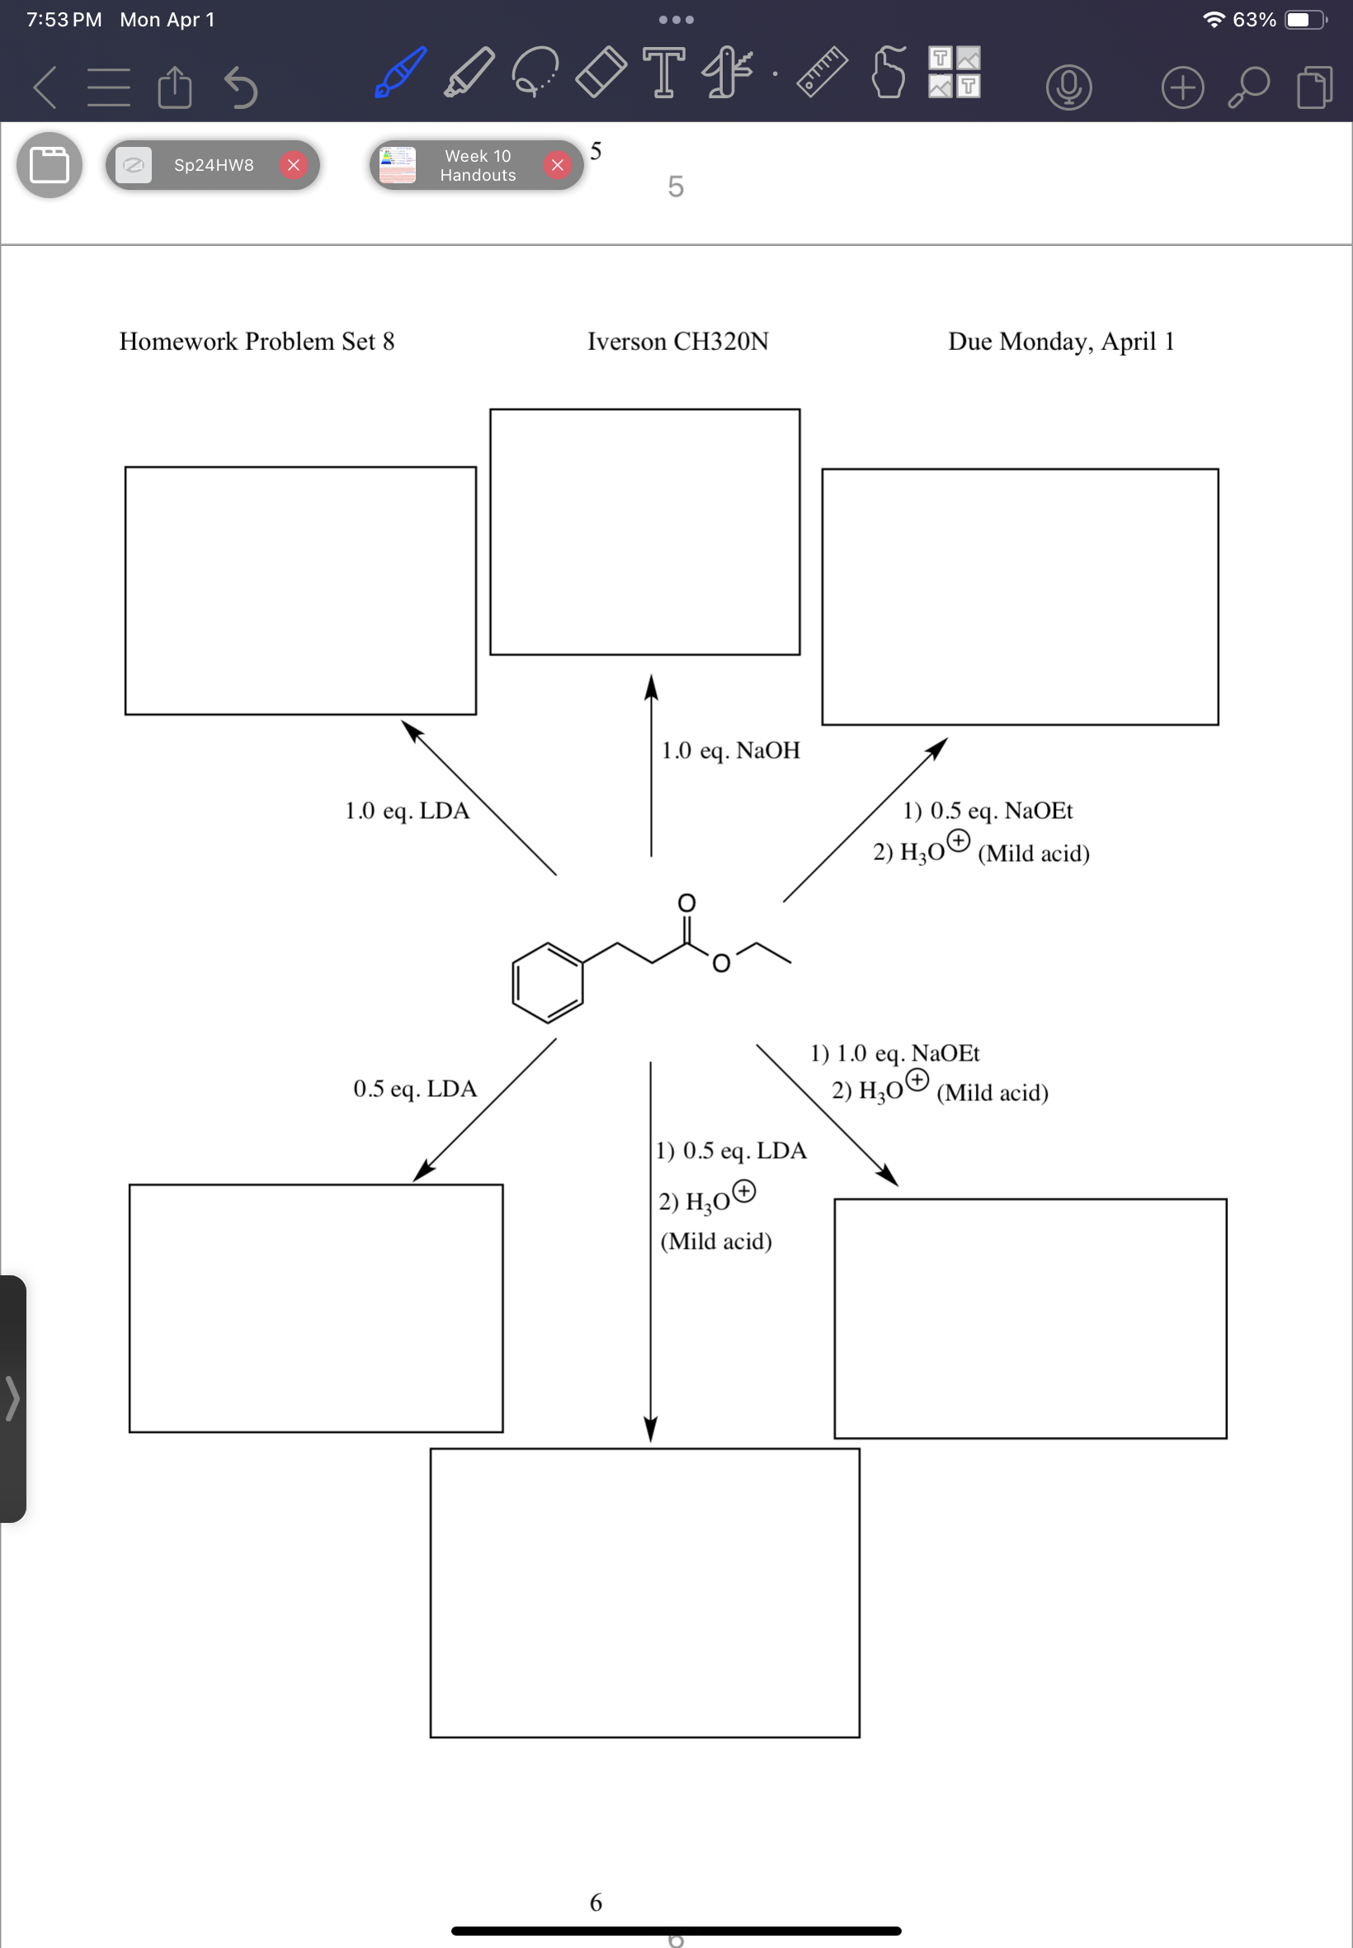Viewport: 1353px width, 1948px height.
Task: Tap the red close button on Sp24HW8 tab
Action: (x=294, y=164)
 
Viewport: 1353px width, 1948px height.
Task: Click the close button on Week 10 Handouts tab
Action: (x=557, y=164)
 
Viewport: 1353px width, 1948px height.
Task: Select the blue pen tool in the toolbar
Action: (x=400, y=73)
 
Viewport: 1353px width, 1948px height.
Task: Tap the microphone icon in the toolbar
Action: (x=1068, y=87)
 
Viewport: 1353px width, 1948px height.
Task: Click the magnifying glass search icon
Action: (x=1249, y=87)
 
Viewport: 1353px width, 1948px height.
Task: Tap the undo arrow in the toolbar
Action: (x=241, y=87)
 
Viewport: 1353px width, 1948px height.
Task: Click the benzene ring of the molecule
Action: (x=548, y=983)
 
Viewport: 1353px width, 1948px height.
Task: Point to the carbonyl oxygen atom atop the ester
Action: (x=686, y=902)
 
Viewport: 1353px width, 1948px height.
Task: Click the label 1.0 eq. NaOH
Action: (x=730, y=750)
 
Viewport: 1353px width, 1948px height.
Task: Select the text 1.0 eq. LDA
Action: (x=407, y=811)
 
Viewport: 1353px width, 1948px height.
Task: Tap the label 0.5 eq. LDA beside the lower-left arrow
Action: (x=414, y=1089)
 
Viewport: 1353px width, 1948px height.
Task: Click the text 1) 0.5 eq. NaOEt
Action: (x=988, y=811)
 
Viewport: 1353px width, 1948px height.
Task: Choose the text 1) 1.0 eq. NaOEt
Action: (x=894, y=1053)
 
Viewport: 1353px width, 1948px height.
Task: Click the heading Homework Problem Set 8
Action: (x=257, y=341)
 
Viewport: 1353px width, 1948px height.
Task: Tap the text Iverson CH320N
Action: (x=678, y=341)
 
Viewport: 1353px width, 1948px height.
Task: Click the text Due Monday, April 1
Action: (x=1060, y=341)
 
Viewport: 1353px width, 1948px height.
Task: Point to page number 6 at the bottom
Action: (x=596, y=1903)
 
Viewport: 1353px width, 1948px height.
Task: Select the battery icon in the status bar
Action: (x=1303, y=20)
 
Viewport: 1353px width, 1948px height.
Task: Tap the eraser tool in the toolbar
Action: (x=601, y=73)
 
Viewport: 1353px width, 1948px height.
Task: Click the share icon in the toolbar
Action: (x=175, y=87)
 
